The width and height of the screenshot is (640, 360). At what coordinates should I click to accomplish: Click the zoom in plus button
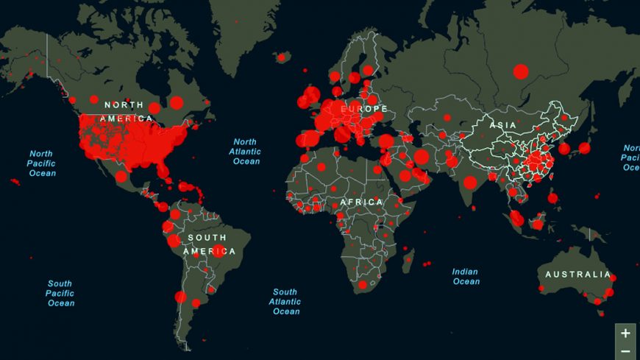pyautogui.click(x=625, y=333)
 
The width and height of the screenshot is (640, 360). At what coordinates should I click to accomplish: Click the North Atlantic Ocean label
pyautogui.click(x=246, y=152)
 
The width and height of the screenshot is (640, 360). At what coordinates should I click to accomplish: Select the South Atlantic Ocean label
pyautogui.click(x=285, y=302)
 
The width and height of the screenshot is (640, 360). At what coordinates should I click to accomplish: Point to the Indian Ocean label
pyautogui.click(x=466, y=276)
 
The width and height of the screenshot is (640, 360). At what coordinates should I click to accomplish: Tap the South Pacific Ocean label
pyautogui.click(x=60, y=293)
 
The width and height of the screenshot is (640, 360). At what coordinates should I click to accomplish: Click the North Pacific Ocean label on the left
pyautogui.click(x=42, y=163)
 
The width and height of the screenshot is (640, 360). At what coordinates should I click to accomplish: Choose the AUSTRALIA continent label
pyautogui.click(x=577, y=275)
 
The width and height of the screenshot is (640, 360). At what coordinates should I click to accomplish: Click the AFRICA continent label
pyautogui.click(x=361, y=202)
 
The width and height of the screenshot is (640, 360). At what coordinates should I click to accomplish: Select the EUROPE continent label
pyautogui.click(x=363, y=109)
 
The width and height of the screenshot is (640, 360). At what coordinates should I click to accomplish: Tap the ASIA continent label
pyautogui.click(x=503, y=126)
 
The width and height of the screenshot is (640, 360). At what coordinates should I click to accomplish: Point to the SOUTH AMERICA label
pyautogui.click(x=209, y=244)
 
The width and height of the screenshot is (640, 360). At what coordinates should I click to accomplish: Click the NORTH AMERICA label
pyautogui.click(x=127, y=111)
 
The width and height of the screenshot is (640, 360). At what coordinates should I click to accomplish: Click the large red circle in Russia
pyautogui.click(x=521, y=71)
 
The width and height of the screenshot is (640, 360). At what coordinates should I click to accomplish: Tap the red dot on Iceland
pyautogui.click(x=281, y=56)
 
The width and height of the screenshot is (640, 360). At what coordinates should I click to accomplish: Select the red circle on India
pyautogui.click(x=470, y=182)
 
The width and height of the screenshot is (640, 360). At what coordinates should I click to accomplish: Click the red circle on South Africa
pyautogui.click(x=362, y=285)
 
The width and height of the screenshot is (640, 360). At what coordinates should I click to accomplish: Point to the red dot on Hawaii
pyautogui.click(x=15, y=181)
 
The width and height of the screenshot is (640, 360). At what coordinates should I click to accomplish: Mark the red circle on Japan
pyautogui.click(x=584, y=148)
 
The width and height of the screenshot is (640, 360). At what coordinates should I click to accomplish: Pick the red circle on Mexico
pyautogui.click(x=121, y=176)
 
